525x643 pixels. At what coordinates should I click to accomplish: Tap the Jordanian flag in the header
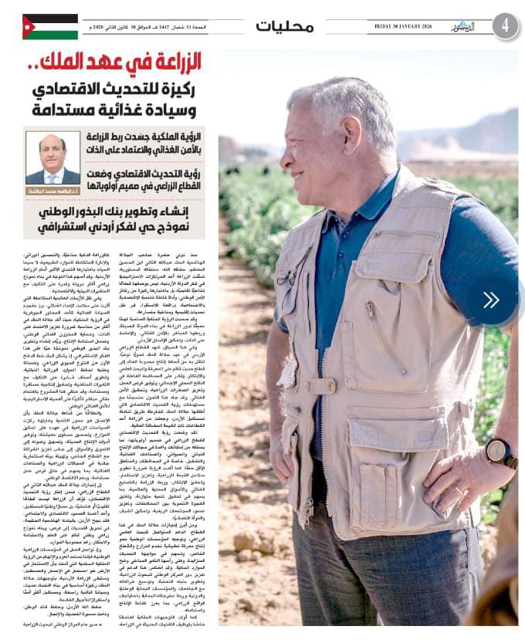click(50, 26)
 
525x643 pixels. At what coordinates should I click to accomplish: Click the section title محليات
click(285, 26)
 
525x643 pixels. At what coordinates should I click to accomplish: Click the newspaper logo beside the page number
click(466, 26)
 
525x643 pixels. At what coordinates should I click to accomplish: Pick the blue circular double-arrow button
click(491, 300)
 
